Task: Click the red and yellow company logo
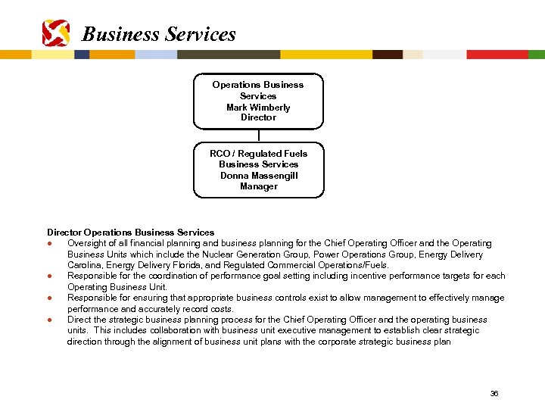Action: (57, 33)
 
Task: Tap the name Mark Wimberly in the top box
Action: (258, 108)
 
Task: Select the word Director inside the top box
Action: (258, 118)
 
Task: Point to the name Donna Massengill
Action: (259, 176)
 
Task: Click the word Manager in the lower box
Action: (259, 186)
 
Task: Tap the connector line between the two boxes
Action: (258, 136)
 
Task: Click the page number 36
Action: (494, 394)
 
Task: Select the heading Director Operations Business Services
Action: (130, 233)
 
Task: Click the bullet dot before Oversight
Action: (49, 244)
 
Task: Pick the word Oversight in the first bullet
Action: (88, 244)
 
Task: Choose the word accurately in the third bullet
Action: (139, 309)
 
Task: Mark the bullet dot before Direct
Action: (49, 320)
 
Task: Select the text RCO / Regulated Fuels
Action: (259, 154)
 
